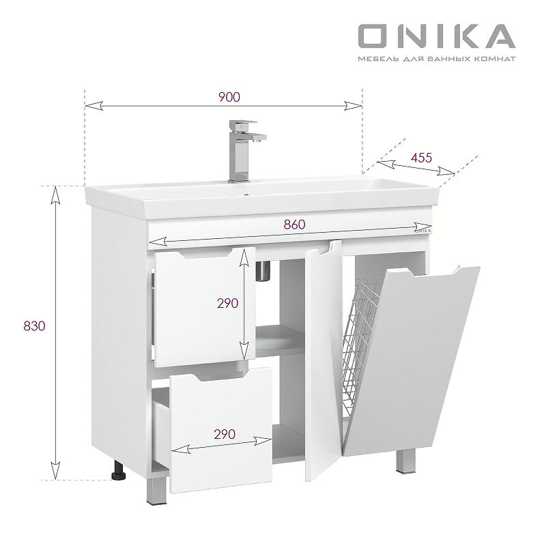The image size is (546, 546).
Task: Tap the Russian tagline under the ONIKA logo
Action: [436, 59]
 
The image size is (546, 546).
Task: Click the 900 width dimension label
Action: [229, 97]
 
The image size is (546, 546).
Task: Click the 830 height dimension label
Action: [33, 326]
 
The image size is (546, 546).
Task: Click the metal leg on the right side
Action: [405, 463]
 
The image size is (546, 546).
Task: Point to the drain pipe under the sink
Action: [263, 271]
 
